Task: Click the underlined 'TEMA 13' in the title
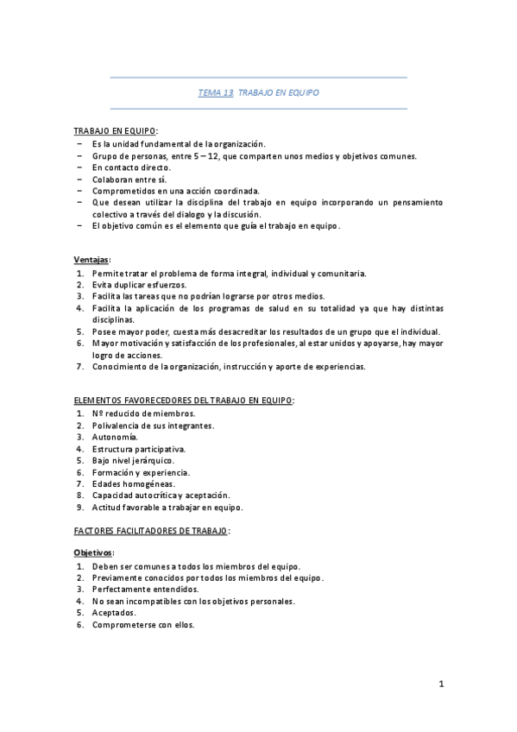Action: pos(216,92)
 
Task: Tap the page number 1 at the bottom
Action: pos(440,685)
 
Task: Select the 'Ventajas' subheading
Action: pos(91,259)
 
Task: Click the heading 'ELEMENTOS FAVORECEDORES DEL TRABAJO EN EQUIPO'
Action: pos(183,400)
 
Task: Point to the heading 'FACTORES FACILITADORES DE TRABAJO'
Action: pos(151,531)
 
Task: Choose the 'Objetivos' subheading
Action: pos(93,552)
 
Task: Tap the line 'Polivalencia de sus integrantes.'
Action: pos(154,425)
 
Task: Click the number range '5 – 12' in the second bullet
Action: pos(206,155)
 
